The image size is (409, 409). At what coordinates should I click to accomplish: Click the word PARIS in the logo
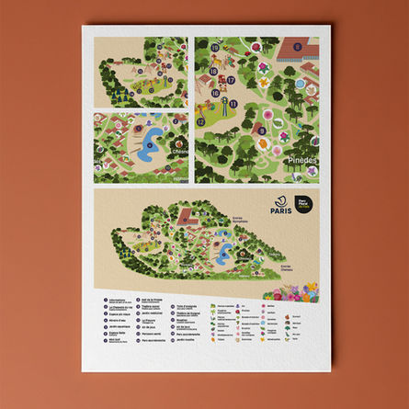(281, 210)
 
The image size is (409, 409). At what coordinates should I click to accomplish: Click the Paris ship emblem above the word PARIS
(281, 198)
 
